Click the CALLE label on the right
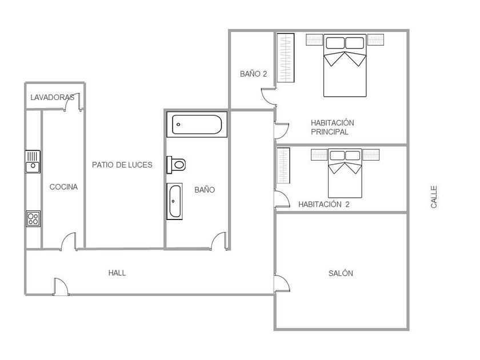[x=434, y=197]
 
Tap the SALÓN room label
[x=341, y=273]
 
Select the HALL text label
[x=117, y=273]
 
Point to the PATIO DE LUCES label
[x=122, y=165]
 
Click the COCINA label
[x=63, y=187]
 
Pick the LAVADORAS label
[x=53, y=97]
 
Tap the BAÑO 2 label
[x=254, y=74]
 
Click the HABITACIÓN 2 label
[x=324, y=204]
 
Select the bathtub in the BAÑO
[x=197, y=125]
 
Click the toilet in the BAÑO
[x=176, y=165]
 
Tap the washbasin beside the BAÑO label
[x=174, y=201]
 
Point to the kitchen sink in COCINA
[x=33, y=162]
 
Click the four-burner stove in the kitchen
[x=33, y=218]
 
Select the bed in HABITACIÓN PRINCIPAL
[x=345, y=66]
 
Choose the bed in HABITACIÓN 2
[x=345, y=173]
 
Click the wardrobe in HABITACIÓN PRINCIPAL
[x=286, y=58]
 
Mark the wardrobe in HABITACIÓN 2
[x=283, y=165]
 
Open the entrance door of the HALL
[x=61, y=286]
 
